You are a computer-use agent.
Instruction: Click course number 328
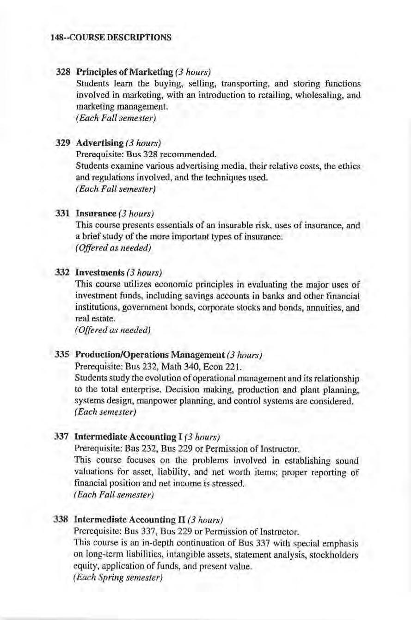click(x=63, y=73)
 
